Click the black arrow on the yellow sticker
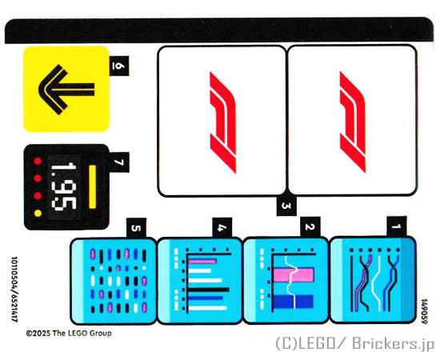click(x=66, y=90)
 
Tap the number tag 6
click(x=119, y=66)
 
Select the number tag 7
click(x=119, y=162)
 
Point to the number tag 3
click(x=286, y=206)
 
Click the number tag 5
click(x=136, y=228)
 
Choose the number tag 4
click(x=222, y=227)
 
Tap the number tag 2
click(x=310, y=226)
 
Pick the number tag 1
click(x=397, y=226)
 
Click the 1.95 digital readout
click(x=64, y=186)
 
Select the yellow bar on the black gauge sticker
click(x=92, y=187)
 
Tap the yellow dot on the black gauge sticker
click(x=38, y=213)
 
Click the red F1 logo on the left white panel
click(x=223, y=122)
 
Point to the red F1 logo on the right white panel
click(x=353, y=122)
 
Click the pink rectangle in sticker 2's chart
click(x=294, y=275)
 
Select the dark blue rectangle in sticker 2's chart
click(x=294, y=302)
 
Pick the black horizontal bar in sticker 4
click(x=209, y=290)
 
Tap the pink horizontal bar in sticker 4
click(x=202, y=262)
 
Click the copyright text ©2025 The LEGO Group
click(x=69, y=334)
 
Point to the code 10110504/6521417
click(x=14, y=289)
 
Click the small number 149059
click(x=424, y=311)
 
